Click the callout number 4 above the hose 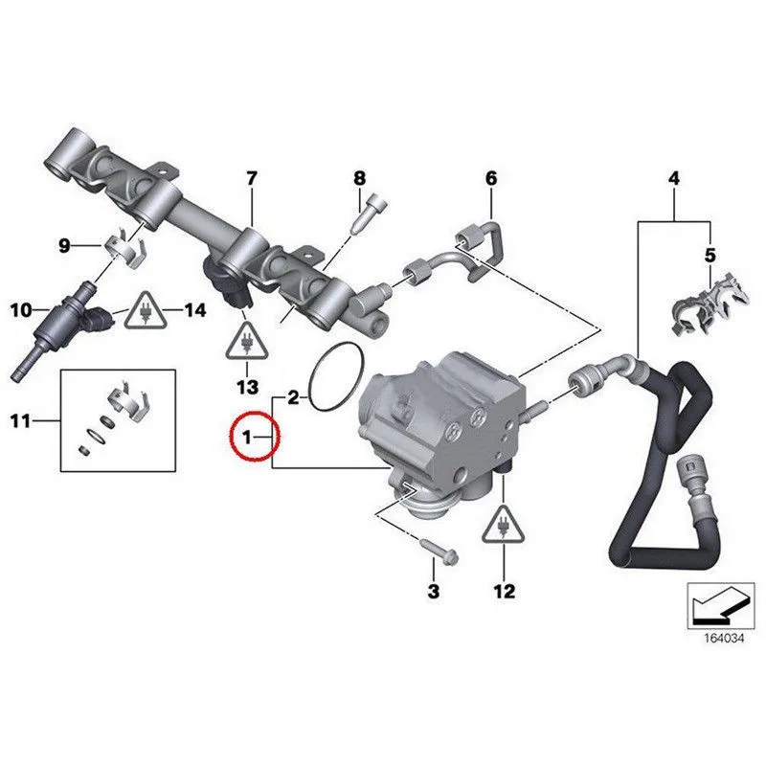point(673,178)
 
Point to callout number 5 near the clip point(710,255)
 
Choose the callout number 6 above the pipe point(491,178)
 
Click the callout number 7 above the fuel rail point(252,178)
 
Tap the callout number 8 point(359,178)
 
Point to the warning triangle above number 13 point(247,343)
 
